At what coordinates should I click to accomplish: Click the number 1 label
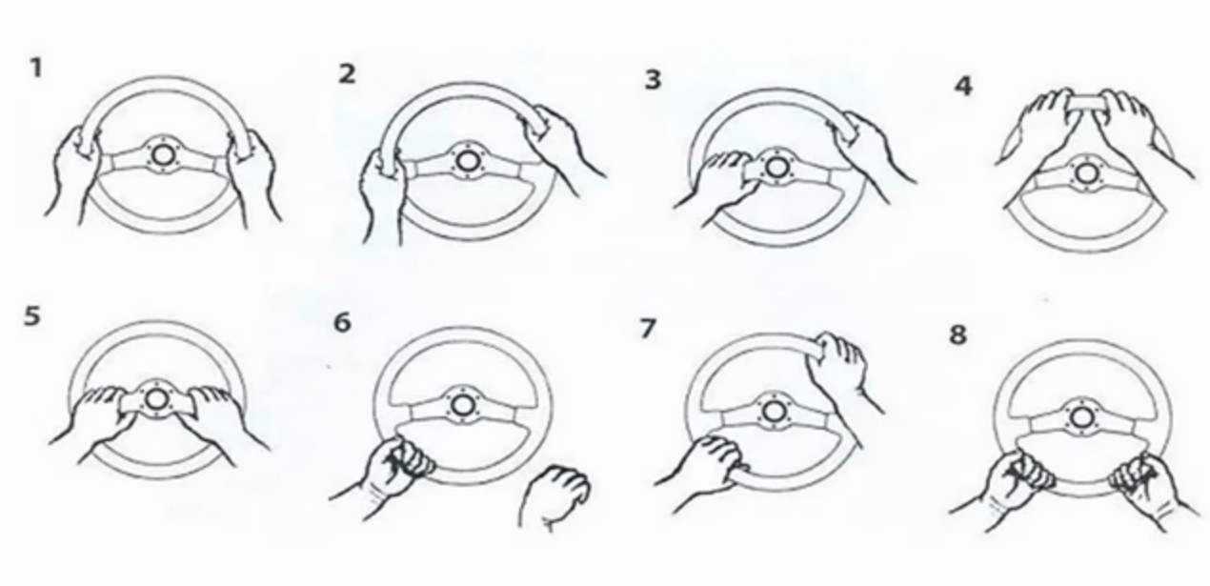tap(36, 68)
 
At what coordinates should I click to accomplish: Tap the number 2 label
tap(348, 74)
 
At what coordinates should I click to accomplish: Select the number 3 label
tap(653, 79)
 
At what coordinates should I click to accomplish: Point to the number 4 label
tap(963, 86)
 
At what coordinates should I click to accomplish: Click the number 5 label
tap(32, 316)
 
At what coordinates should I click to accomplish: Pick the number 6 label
tap(343, 322)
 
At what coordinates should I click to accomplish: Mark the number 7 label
tap(648, 328)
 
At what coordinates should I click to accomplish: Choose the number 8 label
tap(958, 334)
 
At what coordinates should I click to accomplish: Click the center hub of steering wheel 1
tap(162, 155)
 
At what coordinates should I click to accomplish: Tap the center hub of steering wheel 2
tap(466, 161)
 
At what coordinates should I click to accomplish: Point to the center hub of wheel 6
tap(461, 405)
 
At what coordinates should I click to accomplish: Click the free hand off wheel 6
tap(554, 495)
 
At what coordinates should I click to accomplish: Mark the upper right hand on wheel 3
tap(870, 149)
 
